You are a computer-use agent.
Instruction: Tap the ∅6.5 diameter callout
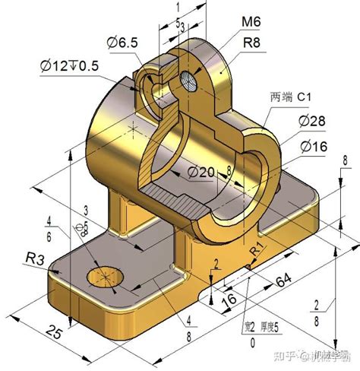click(122, 44)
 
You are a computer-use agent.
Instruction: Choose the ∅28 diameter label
click(314, 122)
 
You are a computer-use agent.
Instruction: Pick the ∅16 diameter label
click(314, 146)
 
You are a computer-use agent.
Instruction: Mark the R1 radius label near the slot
click(257, 249)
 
